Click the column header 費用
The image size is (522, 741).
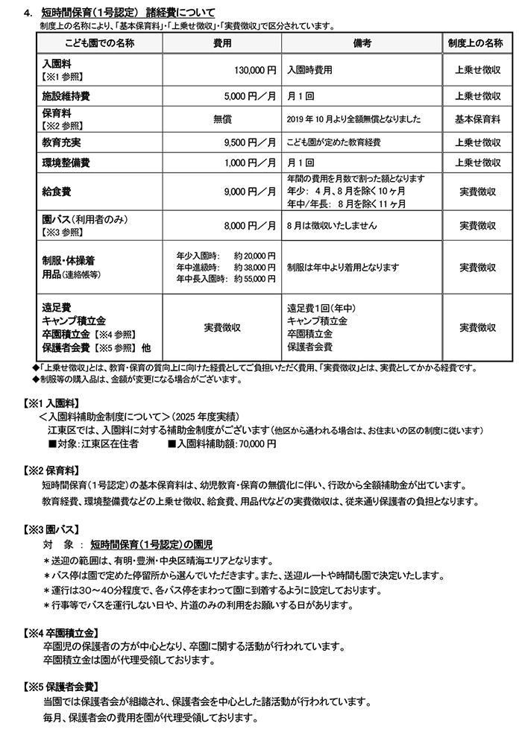click(222, 43)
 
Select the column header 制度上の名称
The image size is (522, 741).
click(478, 43)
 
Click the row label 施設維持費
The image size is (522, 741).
click(67, 97)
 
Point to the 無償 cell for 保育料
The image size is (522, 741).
click(222, 119)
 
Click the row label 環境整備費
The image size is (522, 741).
click(67, 163)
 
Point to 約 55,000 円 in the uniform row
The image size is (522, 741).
click(254, 278)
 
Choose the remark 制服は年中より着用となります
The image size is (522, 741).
click(343, 267)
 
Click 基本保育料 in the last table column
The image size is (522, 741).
click(478, 119)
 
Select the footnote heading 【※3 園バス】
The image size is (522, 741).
click(49, 530)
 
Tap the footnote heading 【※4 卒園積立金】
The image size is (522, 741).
click(57, 632)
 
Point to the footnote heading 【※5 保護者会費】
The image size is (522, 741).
click(57, 686)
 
